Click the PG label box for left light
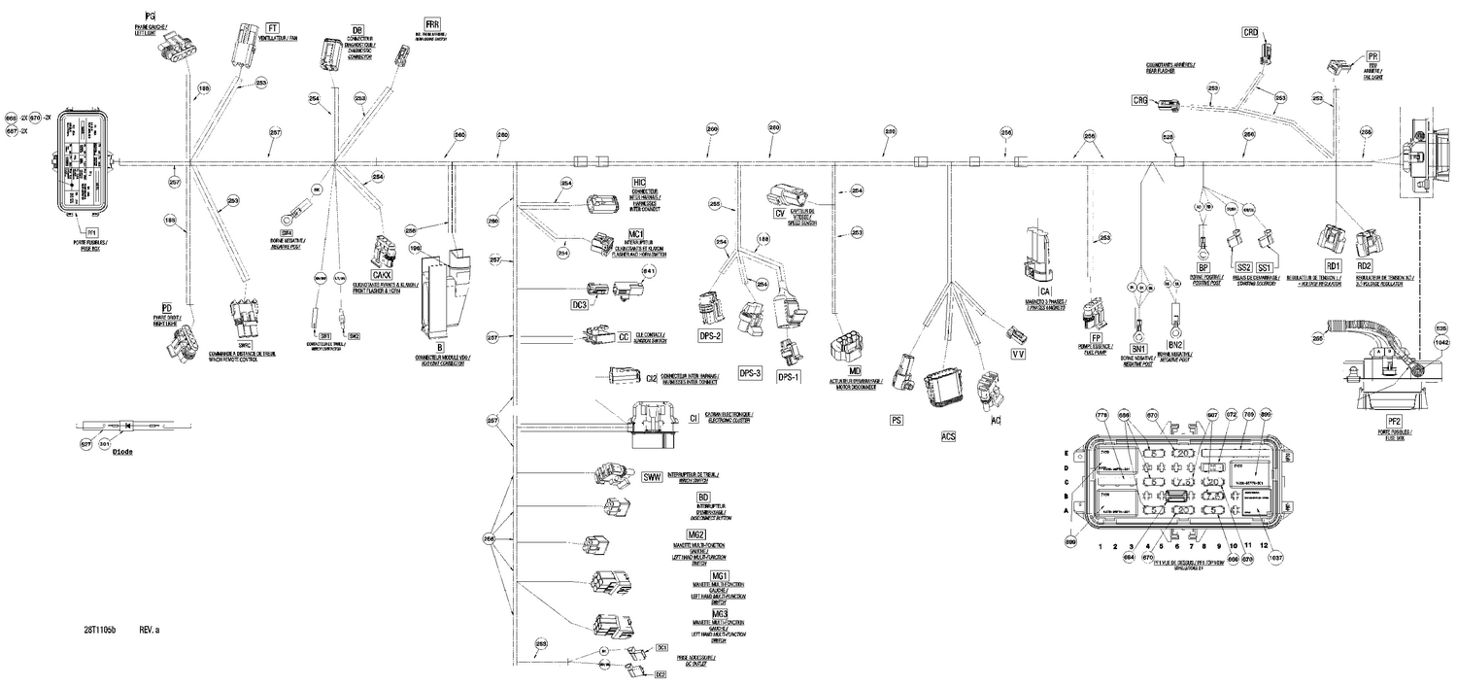tap(149, 17)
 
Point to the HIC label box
tap(638, 183)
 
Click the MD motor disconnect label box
tap(855, 371)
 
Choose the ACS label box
tap(949, 437)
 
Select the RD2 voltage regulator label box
tap(1364, 265)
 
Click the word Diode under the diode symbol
tap(122, 453)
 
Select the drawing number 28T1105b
tap(100, 631)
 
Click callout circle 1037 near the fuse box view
tap(1275, 558)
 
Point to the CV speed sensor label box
tap(779, 212)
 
